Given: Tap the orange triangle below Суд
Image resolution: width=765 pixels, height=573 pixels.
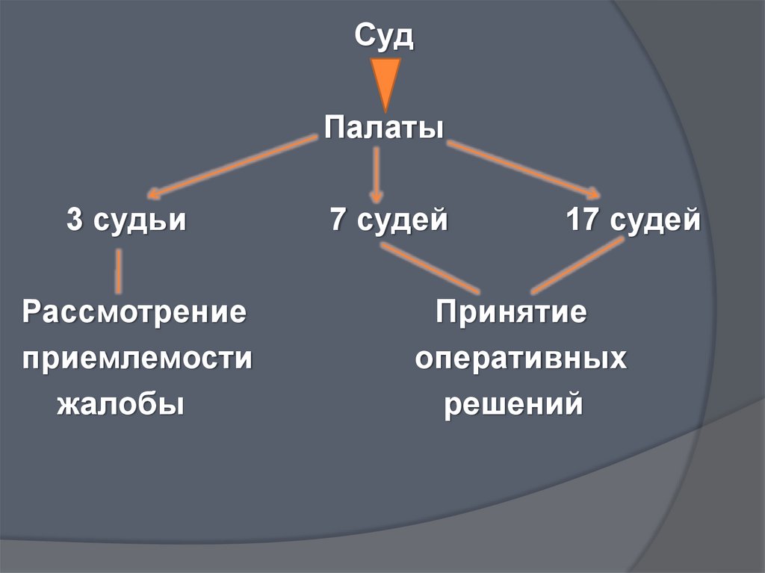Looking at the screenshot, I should (x=385, y=82).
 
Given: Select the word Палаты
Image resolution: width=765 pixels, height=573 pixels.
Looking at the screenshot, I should (x=384, y=127).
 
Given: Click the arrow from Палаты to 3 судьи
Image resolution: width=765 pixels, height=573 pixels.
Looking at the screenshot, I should (x=232, y=166).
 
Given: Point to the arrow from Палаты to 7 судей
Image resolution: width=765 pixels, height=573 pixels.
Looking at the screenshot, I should (x=377, y=174).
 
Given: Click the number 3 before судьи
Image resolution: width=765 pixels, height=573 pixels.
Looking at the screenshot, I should (x=75, y=221).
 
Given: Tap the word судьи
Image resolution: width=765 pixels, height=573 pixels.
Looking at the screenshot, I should (x=138, y=222).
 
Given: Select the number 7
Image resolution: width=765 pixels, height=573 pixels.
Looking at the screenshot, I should (x=338, y=221).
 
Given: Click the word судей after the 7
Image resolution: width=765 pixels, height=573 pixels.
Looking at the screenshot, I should (x=403, y=222).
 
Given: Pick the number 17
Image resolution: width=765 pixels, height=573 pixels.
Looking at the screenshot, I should (x=580, y=221).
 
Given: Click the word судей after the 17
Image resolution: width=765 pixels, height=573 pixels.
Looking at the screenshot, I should (x=654, y=222).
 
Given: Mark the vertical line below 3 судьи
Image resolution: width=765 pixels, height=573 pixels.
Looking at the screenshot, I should (x=118, y=270).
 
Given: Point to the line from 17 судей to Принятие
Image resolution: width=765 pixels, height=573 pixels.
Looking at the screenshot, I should (x=577, y=265).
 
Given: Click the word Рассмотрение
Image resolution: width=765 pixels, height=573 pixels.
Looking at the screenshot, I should (x=134, y=312).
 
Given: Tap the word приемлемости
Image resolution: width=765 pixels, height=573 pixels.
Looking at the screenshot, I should (x=137, y=359).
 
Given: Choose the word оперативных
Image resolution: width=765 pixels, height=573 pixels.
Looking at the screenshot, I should (x=521, y=359).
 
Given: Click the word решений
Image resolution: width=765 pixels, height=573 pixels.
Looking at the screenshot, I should (x=513, y=405).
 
